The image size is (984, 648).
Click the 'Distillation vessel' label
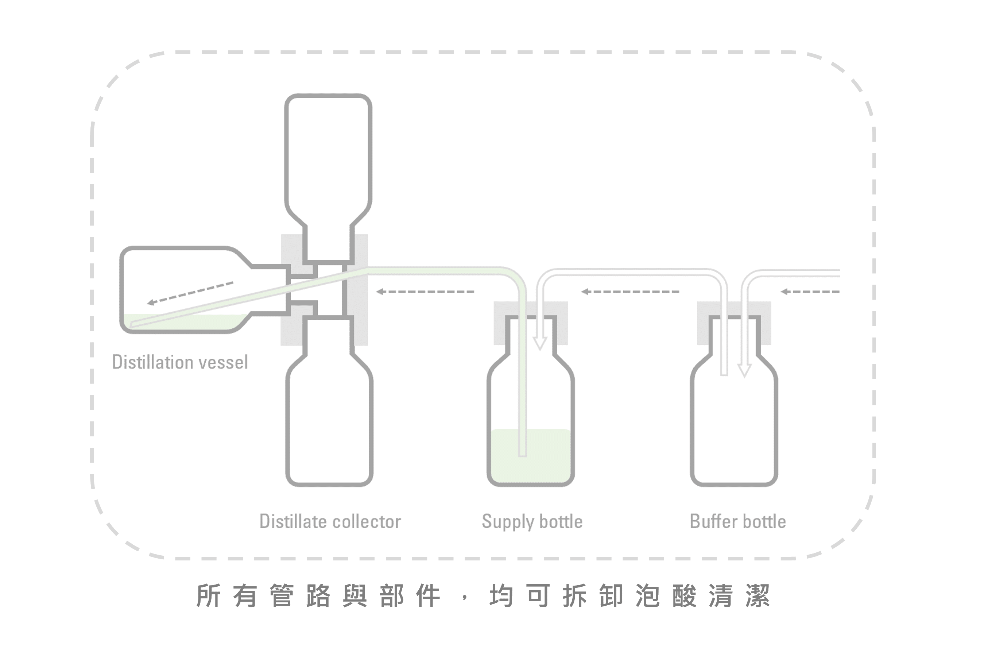pyautogui.click(x=180, y=363)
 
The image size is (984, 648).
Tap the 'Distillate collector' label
pyautogui.click(x=330, y=521)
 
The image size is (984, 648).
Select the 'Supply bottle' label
pyautogui.click(x=532, y=521)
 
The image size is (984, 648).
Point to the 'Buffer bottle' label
pyautogui.click(x=737, y=521)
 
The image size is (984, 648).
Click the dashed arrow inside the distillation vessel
pyautogui.click(x=190, y=293)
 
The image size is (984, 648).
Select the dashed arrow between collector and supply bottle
pyautogui.click(x=425, y=292)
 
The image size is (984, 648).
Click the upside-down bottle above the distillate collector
pyautogui.click(x=328, y=157)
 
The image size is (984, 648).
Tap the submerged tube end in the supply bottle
pyautogui.click(x=523, y=453)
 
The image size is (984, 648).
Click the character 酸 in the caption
pyautogui.click(x=684, y=596)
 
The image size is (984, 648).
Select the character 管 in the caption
pyautogui.click(x=282, y=596)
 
